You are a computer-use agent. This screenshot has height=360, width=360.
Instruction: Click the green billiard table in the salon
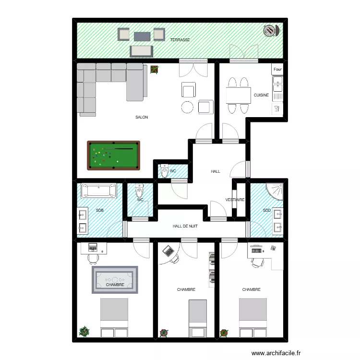coord(113,155)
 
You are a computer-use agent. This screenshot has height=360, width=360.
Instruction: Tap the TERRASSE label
coord(180,40)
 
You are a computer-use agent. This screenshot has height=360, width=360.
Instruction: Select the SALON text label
coord(142,117)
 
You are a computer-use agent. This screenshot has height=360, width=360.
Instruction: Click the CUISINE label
coord(261,95)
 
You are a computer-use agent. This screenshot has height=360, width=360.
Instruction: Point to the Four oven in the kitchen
coord(277,70)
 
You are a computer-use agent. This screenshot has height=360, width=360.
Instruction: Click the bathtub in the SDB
coord(99,191)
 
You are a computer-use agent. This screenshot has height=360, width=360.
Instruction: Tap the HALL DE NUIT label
coord(186,226)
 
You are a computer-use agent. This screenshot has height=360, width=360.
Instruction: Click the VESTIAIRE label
coord(235,200)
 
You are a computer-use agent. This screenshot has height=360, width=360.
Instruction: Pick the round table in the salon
coord(187,107)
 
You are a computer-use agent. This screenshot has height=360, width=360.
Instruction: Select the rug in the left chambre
coord(115,279)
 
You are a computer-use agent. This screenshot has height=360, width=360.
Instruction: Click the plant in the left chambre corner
coord(84,331)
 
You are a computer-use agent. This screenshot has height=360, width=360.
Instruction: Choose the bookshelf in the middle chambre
coord(211,269)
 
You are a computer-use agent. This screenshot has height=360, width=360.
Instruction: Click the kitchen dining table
coord(239,95)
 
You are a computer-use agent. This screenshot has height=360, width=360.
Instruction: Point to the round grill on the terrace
coord(270,31)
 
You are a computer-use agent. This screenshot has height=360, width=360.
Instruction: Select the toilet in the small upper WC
coord(165,171)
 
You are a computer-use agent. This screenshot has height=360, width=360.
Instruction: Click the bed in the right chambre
coord(253,317)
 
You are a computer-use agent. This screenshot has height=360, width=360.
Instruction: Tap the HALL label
coord(216,171)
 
